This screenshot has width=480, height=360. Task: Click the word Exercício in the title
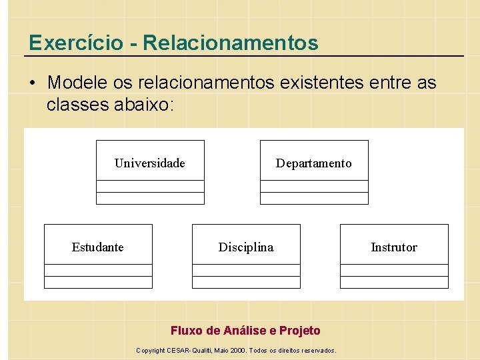click(75, 43)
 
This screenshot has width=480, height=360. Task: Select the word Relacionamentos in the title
click(231, 43)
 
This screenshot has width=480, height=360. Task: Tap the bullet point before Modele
click(33, 83)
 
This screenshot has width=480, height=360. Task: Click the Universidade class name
click(150, 163)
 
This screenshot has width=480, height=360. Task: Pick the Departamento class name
click(313, 163)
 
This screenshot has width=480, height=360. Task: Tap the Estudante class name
click(98, 247)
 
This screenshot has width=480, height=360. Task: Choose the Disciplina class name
click(246, 247)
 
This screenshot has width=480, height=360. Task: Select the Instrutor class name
click(394, 247)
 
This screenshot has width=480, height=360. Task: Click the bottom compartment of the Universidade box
click(150, 198)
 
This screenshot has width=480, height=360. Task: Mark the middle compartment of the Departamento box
click(313, 186)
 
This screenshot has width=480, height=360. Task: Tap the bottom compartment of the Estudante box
click(98, 282)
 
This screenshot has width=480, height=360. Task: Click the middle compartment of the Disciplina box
click(246, 270)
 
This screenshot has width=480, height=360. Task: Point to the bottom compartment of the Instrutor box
click(394, 282)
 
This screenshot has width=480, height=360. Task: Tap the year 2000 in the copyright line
click(237, 351)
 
